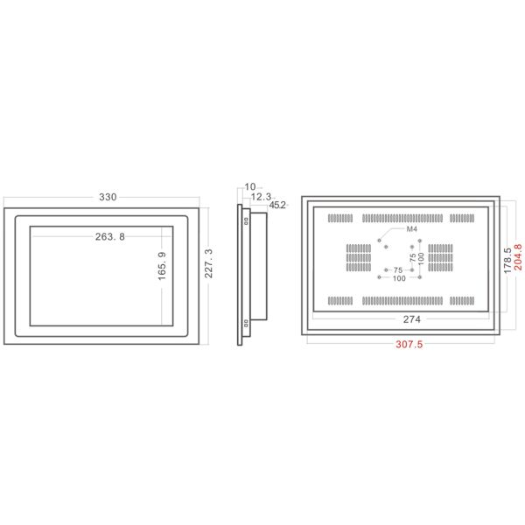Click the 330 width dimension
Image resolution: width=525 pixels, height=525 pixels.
(108, 198)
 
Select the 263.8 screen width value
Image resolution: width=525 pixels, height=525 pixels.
(109, 236)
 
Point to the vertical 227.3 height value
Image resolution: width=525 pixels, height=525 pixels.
(209, 262)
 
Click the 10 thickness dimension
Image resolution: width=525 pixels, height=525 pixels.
(250, 186)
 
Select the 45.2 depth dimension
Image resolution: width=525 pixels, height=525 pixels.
(278, 206)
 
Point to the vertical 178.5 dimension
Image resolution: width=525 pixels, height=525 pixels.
(507, 261)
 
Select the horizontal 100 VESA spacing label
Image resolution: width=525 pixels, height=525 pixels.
(398, 280)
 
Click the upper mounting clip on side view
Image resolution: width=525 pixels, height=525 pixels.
(247, 220)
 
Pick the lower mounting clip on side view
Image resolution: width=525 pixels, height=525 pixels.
(247, 323)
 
